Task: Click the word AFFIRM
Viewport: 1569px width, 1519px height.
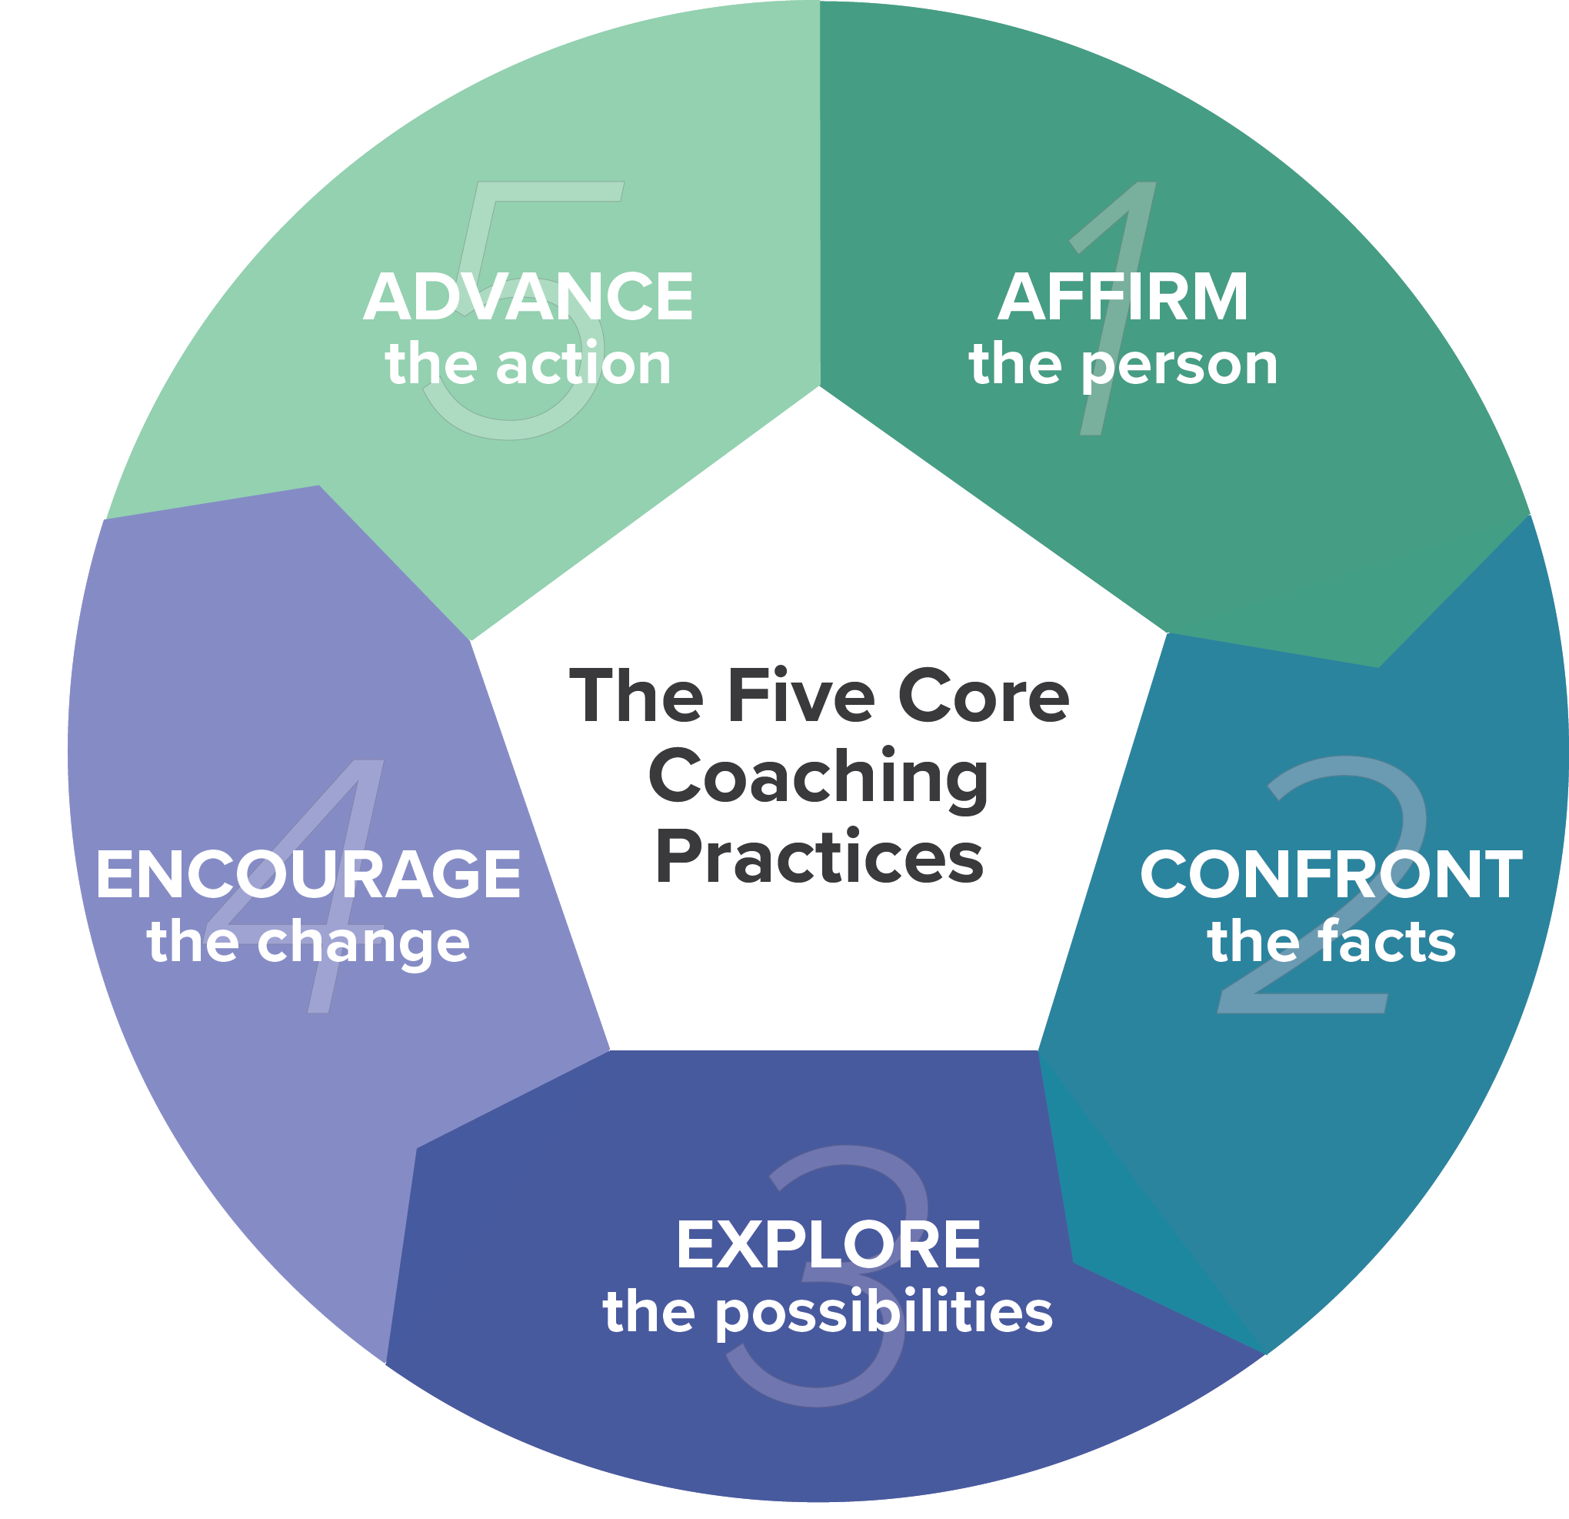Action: point(1122,297)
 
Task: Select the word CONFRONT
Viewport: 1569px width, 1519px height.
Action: point(1331,874)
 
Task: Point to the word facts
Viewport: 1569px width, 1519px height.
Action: point(1389,942)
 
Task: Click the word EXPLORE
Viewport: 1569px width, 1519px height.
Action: point(828,1245)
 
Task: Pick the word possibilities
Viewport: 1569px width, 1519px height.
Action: point(884,1314)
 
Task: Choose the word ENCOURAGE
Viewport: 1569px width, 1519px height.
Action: point(308,874)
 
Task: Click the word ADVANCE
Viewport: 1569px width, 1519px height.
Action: point(528,297)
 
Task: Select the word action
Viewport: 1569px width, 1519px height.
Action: point(584,366)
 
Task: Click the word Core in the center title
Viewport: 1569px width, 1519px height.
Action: point(984,696)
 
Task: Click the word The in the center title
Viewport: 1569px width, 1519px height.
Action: point(636,696)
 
